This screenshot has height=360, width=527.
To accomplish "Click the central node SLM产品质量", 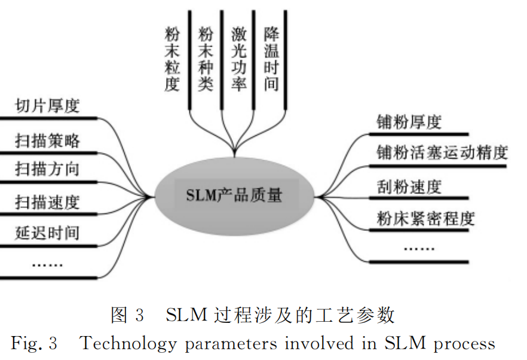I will click(235, 195).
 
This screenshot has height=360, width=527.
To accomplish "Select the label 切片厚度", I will click(47, 106).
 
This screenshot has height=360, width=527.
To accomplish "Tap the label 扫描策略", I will click(47, 141).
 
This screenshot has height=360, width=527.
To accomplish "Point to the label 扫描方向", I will click(47, 169).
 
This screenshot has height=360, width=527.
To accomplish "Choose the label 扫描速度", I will click(47, 202).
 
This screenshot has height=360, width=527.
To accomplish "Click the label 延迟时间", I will click(47, 232).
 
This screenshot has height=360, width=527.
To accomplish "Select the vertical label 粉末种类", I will click(205, 58).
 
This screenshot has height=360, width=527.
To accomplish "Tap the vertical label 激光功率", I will click(238, 58).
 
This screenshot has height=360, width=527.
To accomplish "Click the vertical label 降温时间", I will click(271, 58).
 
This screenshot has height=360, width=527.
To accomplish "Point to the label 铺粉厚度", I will click(409, 123).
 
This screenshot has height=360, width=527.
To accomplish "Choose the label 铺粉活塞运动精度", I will click(442, 152).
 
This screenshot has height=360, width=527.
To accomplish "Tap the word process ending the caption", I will click(464, 344).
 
